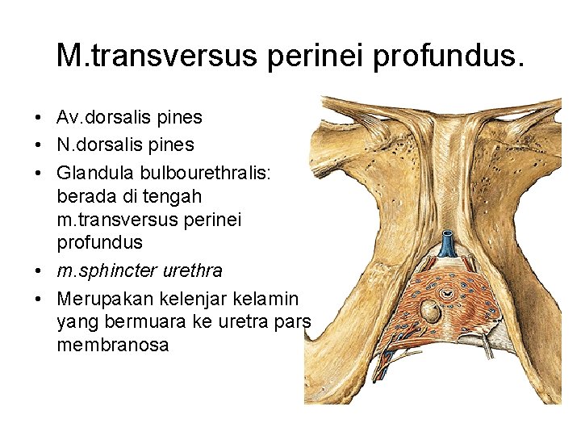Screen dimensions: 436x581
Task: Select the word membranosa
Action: [113, 346]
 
